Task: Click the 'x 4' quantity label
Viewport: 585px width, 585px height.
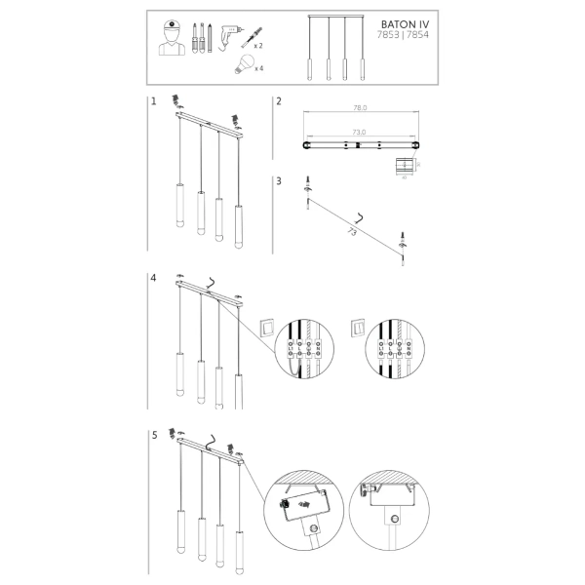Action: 258,68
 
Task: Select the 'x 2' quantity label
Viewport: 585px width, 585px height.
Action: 258,46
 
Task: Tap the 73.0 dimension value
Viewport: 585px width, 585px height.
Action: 358,132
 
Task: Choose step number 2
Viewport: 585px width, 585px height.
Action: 279,101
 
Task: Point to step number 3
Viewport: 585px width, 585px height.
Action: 279,180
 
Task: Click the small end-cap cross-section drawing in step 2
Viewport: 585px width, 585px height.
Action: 404,167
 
